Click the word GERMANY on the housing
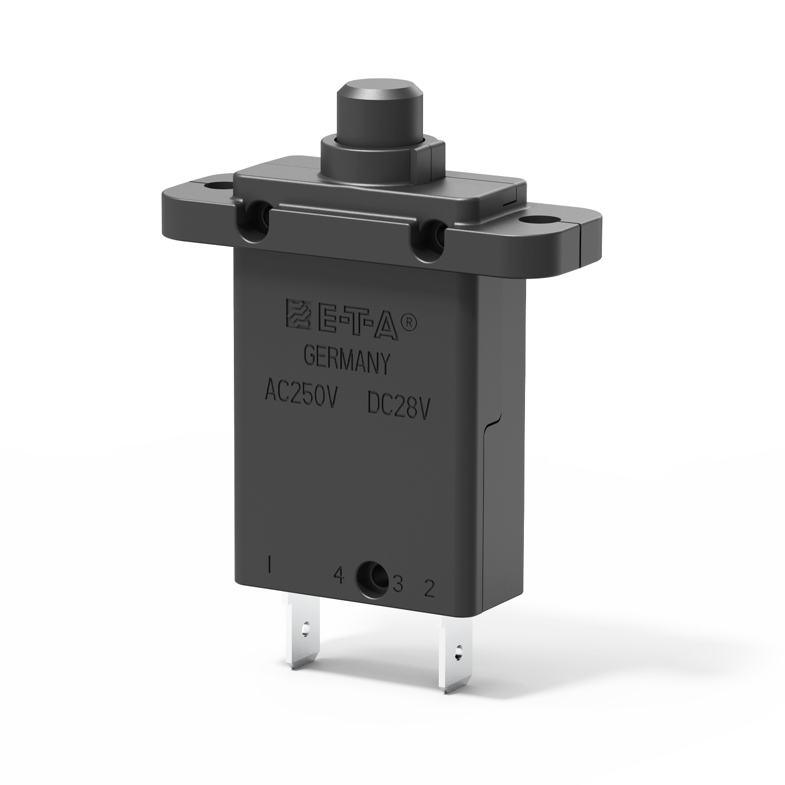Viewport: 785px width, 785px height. click(x=347, y=362)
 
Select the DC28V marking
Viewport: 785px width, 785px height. click(x=399, y=403)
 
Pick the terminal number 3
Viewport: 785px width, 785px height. click(x=397, y=584)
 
